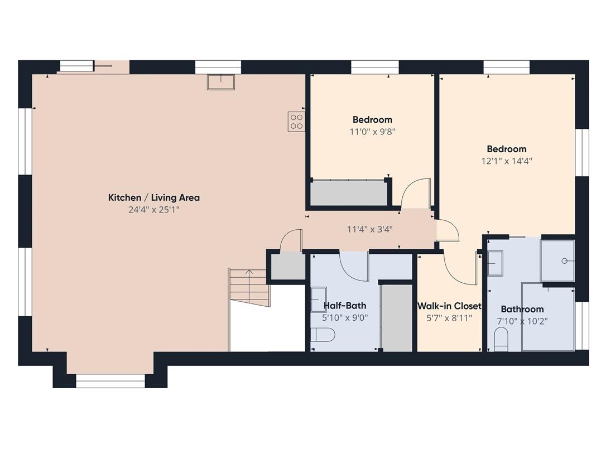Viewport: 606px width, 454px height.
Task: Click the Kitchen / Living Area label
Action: (x=154, y=197)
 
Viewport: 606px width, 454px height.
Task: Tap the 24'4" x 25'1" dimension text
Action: (x=154, y=210)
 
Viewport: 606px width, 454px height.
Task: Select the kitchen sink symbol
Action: (x=221, y=82)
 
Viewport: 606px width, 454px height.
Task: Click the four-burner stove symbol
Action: (x=296, y=122)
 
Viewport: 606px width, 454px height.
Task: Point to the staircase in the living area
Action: (x=249, y=288)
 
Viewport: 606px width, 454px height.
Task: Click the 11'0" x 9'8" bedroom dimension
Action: (x=372, y=132)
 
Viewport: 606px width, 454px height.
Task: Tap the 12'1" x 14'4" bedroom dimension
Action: (x=506, y=161)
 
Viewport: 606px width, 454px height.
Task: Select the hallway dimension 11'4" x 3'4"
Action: (x=369, y=229)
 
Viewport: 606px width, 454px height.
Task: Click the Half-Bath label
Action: (x=345, y=306)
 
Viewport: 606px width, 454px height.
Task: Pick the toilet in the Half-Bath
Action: (x=323, y=335)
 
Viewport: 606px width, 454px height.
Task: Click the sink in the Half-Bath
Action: (x=319, y=300)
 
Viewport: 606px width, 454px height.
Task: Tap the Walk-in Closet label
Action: (x=449, y=306)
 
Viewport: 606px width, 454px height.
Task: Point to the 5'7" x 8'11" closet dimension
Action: (x=449, y=318)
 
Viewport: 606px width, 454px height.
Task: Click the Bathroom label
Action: (x=522, y=309)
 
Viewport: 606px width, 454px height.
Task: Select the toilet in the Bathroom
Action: (x=501, y=339)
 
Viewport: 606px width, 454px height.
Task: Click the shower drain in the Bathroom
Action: (x=564, y=261)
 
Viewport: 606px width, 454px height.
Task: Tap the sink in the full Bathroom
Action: (x=495, y=263)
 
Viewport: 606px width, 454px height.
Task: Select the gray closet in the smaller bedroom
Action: (x=349, y=193)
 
